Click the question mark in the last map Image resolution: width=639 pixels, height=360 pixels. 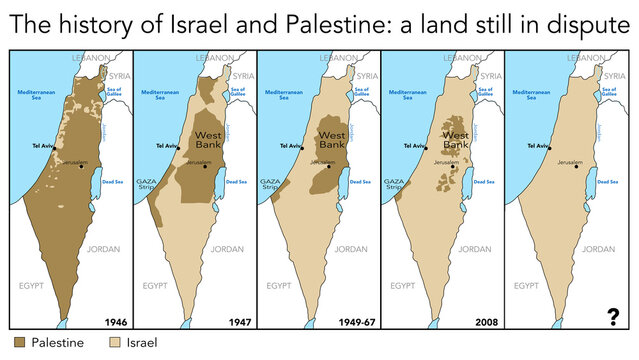[613, 317]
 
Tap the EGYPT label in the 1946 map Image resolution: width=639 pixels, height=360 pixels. [33, 286]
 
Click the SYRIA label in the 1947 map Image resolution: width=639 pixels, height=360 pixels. [243, 75]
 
